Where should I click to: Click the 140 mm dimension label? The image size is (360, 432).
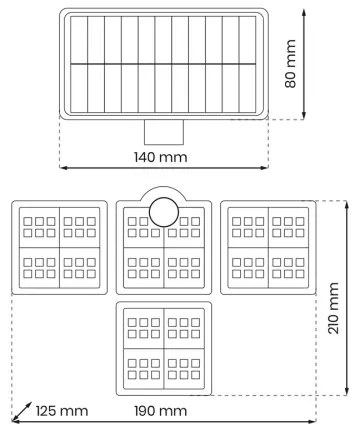tap(162, 157)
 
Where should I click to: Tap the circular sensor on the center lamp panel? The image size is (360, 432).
tap(162, 212)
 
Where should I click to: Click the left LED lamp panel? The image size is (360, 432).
tap(59, 247)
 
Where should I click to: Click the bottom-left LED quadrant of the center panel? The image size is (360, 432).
tap(142, 267)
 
